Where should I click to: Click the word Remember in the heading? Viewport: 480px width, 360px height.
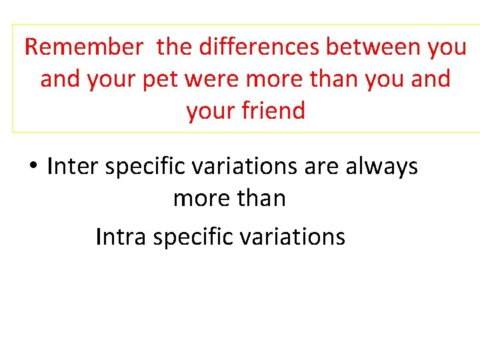[x=83, y=47]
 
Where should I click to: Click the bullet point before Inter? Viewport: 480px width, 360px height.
[x=32, y=166]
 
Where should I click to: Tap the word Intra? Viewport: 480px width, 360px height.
[x=121, y=237]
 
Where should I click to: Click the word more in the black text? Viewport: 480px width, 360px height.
[x=201, y=199]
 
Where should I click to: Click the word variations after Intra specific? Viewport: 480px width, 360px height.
[x=287, y=237]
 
